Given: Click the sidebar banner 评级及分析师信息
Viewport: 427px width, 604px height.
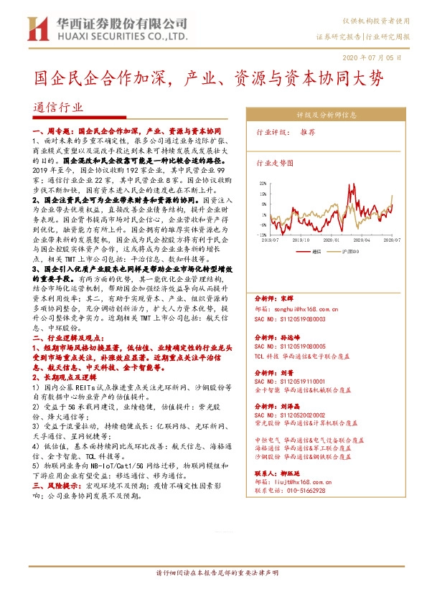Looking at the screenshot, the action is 327,114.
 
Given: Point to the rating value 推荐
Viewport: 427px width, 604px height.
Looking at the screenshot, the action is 308,133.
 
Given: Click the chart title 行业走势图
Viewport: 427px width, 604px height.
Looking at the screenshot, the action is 276,163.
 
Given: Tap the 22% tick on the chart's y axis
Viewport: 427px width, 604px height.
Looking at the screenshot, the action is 264,183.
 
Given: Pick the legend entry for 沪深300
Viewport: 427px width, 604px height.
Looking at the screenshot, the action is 345,253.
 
